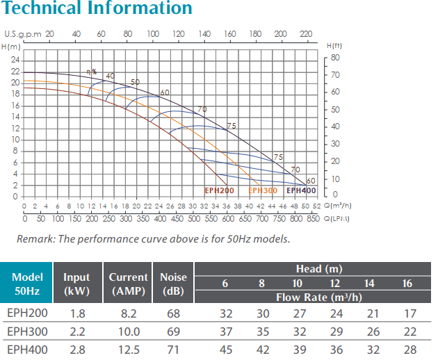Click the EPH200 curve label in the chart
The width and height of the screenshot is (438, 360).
219,190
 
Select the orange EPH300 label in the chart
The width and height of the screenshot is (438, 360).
263,190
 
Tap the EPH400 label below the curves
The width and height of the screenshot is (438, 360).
301,190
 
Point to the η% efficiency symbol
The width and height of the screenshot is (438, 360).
92,72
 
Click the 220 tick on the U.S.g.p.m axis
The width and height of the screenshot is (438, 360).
306,34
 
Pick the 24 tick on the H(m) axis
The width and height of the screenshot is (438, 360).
15,60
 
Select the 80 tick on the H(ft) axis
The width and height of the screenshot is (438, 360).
335,58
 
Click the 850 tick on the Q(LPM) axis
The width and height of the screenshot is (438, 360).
313,218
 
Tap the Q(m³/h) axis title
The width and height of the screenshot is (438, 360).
337,206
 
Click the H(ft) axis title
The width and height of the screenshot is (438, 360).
334,46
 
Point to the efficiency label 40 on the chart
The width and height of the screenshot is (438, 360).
110,76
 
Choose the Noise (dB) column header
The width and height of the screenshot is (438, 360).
173,284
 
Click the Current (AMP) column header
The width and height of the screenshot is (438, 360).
128,284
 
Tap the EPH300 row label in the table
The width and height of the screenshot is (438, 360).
27,332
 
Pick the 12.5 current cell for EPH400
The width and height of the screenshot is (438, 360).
129,350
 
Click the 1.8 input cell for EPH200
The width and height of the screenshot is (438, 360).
78,313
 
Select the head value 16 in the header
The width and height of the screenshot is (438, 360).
407,284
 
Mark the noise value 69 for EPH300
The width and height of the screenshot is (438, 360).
174,332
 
